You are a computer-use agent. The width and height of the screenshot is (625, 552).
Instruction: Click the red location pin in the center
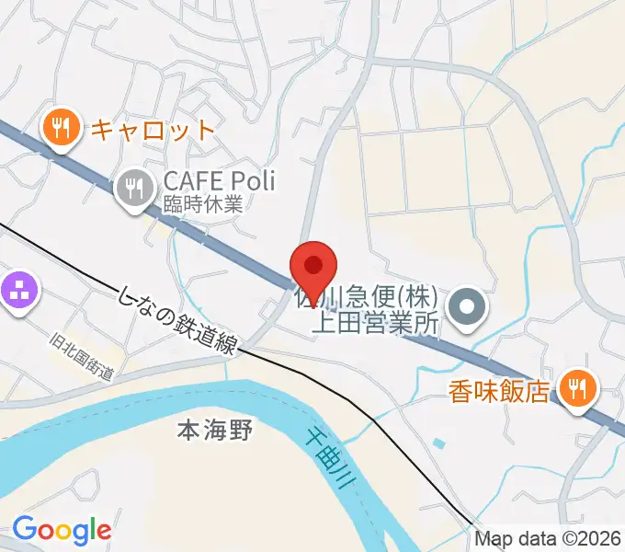[x=313, y=268]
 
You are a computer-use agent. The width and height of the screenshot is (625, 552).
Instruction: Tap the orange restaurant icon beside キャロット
[x=61, y=128]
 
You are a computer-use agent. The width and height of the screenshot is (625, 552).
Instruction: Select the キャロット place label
[x=152, y=129]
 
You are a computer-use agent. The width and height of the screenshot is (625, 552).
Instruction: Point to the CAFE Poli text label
[x=219, y=181]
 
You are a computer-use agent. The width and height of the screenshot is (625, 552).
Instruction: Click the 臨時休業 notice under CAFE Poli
[x=202, y=205]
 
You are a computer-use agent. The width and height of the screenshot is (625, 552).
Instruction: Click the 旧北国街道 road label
[x=82, y=355]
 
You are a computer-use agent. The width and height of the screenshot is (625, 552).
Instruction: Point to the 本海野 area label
[x=214, y=428]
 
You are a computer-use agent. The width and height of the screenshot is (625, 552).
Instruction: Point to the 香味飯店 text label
[x=499, y=392]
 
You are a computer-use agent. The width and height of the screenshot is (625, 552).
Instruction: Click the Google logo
[x=62, y=531]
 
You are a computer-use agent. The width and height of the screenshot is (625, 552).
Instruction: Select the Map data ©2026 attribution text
[x=548, y=538]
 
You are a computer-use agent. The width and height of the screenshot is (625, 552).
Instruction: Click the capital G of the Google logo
[x=25, y=529]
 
